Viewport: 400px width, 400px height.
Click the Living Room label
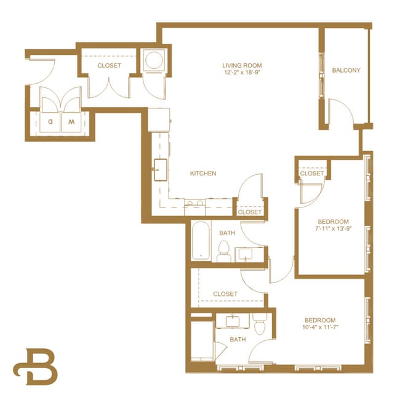pyautogui.click(x=242, y=65)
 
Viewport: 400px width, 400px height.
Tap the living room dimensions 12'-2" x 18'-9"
pyautogui.click(x=242, y=73)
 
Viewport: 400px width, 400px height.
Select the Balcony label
pyautogui.click(x=346, y=70)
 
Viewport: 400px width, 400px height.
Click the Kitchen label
pyautogui.click(x=202, y=174)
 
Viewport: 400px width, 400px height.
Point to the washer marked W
pyautogui.click(x=71, y=121)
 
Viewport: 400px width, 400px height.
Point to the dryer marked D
pyautogui.click(x=50, y=121)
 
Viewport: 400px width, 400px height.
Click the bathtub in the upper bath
pyautogui.click(x=201, y=242)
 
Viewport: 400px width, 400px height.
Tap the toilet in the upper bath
pyautogui.click(x=224, y=250)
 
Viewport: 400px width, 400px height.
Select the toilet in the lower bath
pyautogui.click(x=259, y=324)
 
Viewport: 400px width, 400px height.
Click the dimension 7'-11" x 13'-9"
pyautogui.click(x=333, y=229)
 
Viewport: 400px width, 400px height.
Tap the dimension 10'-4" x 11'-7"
pyautogui.click(x=320, y=328)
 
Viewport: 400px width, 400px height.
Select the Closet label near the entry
pyautogui.click(x=109, y=65)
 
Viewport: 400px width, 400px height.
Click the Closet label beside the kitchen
pyautogui.click(x=249, y=212)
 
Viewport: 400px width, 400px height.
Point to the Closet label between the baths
pyautogui.click(x=225, y=294)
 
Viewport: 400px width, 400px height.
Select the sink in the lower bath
pyautogui.click(x=233, y=321)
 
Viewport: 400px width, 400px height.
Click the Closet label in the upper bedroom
pyautogui.click(x=311, y=174)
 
